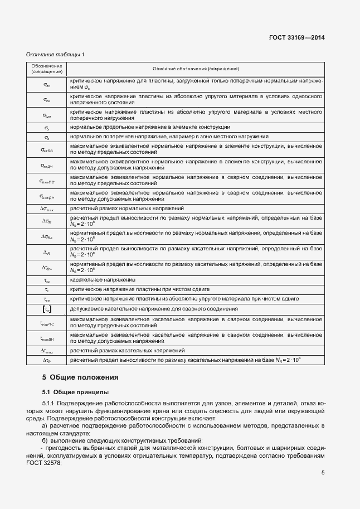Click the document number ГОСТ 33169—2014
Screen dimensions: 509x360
(298, 38)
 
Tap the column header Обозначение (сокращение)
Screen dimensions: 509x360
(47, 69)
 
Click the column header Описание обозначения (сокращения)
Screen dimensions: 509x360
(196, 69)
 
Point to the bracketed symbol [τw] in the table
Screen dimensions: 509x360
(47, 309)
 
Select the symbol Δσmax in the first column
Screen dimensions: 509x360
(47, 208)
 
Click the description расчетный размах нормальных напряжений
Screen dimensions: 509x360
(127, 208)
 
